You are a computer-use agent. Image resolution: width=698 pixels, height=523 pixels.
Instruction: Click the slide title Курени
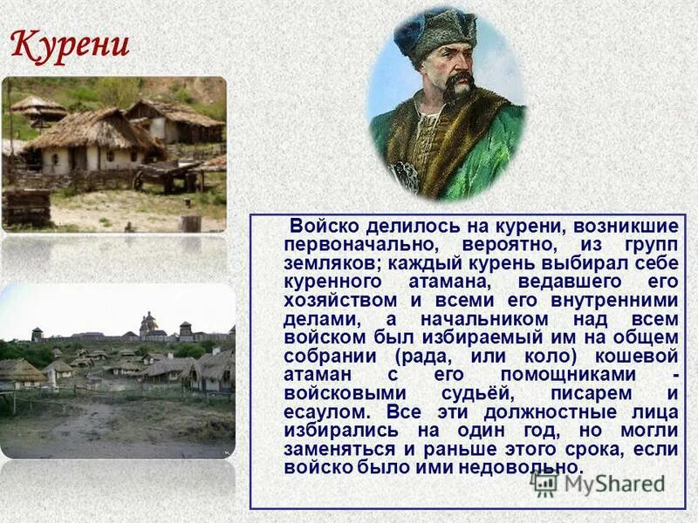tap(71, 44)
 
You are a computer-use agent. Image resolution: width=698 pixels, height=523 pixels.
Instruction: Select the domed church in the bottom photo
tap(149, 325)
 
